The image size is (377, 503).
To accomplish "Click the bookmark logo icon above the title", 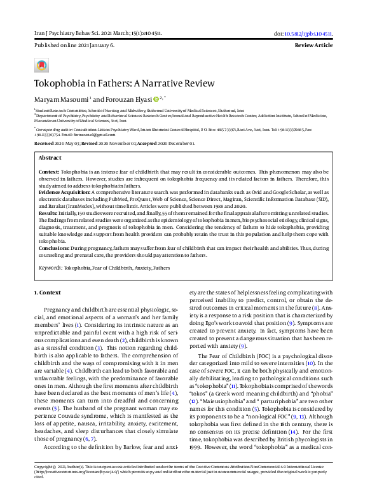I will (42, 65).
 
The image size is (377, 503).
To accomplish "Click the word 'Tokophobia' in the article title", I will (60, 83).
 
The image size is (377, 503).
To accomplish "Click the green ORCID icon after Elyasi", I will (156, 99).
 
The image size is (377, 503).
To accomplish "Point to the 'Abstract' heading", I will (51, 158).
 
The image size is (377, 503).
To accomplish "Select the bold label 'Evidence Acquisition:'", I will (64, 191).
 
